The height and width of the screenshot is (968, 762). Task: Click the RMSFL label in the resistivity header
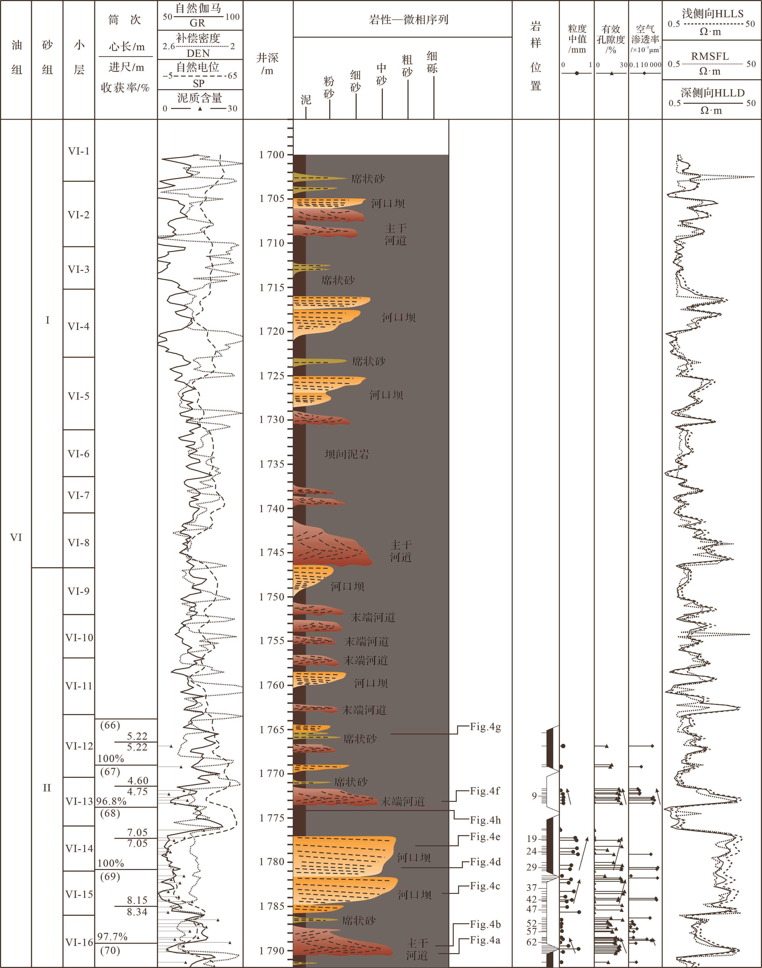[x=710, y=56]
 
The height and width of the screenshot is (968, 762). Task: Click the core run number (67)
[x=110, y=771]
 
